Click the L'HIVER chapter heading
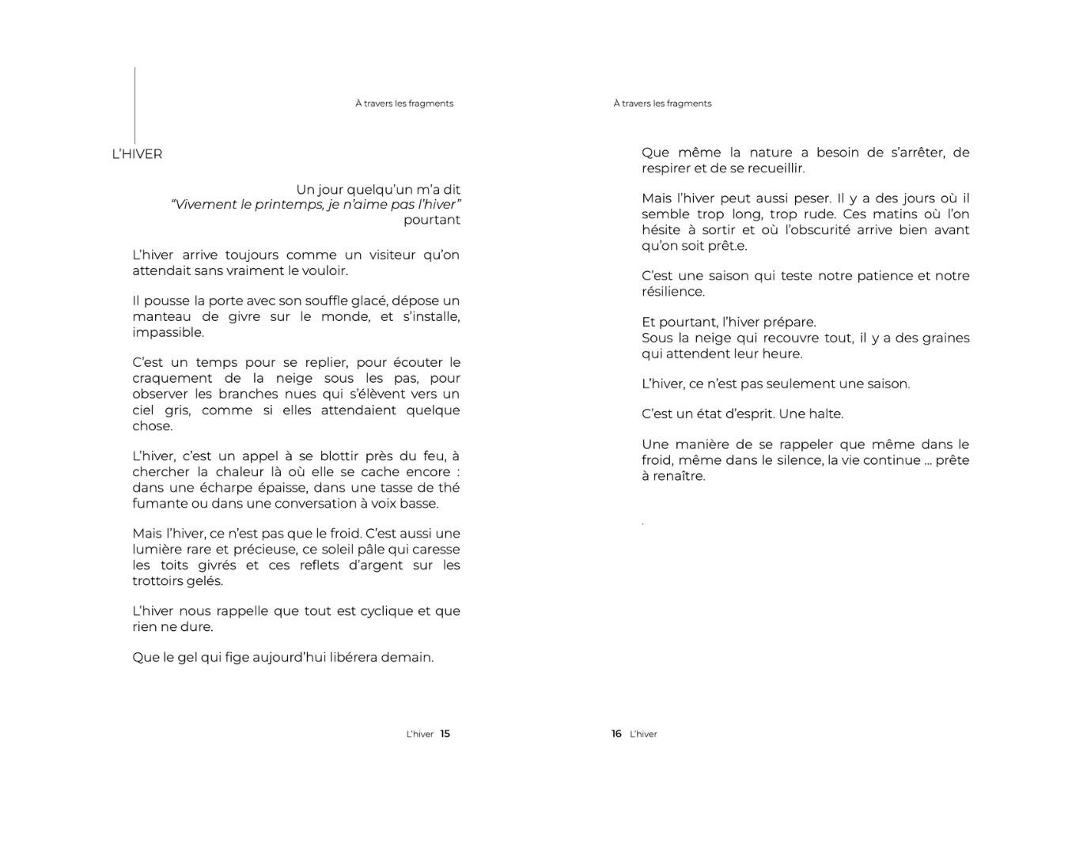137,154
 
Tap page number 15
445,734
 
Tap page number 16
616,734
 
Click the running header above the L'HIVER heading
404,104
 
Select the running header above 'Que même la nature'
662,104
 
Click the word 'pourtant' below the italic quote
431,220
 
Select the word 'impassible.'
168,332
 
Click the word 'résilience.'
672,292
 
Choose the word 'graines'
942,338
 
